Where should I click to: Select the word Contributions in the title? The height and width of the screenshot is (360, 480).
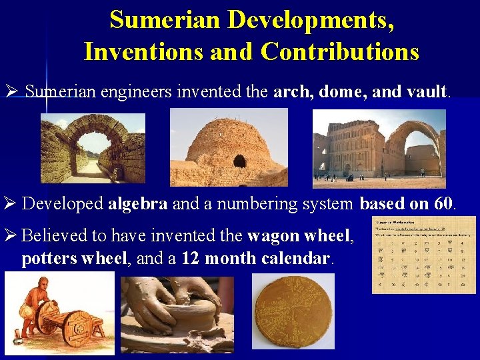coord(340,51)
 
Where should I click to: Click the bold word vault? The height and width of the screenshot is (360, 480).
coord(427,91)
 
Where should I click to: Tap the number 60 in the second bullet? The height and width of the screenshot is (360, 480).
coord(443,204)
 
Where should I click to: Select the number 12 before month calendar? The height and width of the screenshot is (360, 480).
coord(191,259)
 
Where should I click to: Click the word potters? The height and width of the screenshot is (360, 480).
coord(49,259)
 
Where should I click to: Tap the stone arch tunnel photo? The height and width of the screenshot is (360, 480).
coord(93,149)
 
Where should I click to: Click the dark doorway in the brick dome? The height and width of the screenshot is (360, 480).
coord(239,161)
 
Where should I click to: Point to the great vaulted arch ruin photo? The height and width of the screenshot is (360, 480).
coord(379,148)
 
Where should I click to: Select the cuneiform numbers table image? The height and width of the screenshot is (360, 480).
coord(423,254)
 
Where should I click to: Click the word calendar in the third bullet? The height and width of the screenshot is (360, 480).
coord(297,259)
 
